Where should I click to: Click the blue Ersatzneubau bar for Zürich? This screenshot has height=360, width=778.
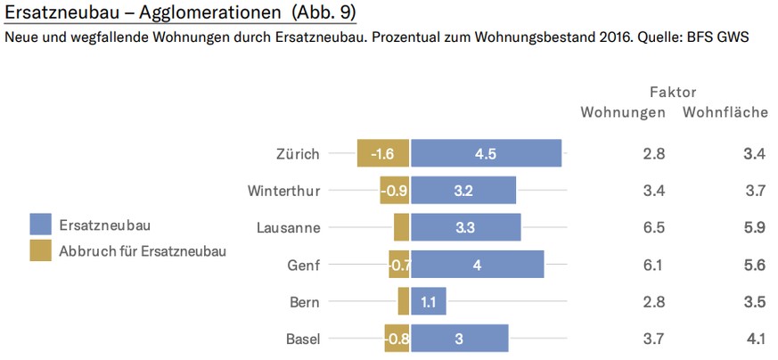coord(486,153)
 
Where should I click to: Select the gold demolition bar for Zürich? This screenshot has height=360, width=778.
coord(383,153)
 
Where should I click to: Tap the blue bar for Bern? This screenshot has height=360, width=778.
coord(428,301)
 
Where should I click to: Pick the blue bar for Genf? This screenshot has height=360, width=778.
coord(477,265)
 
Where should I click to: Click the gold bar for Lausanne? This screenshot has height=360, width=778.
coord(402,227)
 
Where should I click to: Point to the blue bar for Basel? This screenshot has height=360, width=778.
coord(459,339)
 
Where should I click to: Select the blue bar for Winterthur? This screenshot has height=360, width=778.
coord(463,190)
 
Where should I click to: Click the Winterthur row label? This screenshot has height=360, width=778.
coord(283,190)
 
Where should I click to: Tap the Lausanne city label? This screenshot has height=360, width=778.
coord(287,227)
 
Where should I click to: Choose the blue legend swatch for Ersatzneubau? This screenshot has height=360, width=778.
coord(40,225)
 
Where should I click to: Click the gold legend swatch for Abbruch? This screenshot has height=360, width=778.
coord(40,250)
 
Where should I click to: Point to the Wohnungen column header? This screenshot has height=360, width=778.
coord(623,112)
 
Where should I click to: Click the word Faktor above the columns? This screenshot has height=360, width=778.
coord(673,92)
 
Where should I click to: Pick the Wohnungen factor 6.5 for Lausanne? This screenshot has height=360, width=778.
coord(653,227)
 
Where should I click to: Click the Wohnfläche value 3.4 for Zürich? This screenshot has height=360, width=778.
coord(754,153)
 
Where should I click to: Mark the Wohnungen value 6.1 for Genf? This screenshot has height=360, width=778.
coord(653,265)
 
